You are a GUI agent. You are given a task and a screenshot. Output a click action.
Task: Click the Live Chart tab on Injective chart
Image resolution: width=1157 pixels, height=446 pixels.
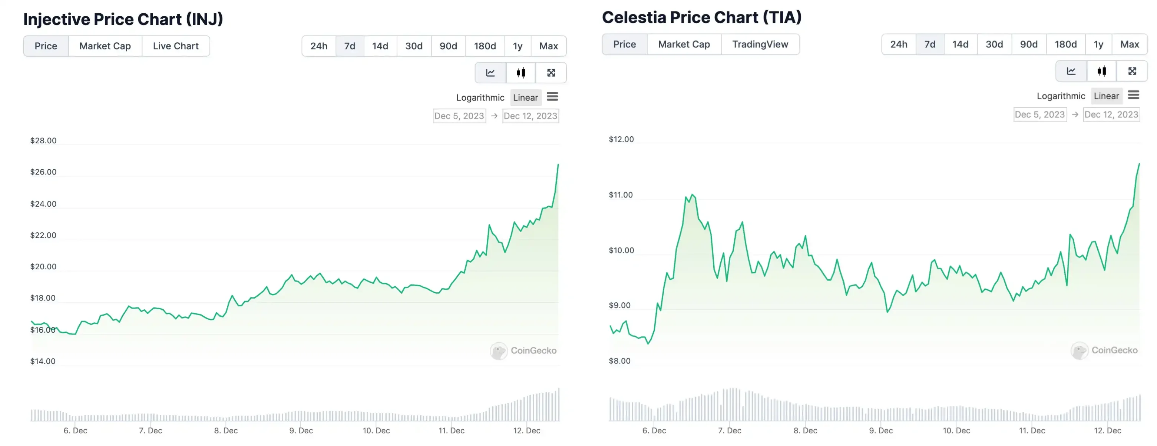[176, 46]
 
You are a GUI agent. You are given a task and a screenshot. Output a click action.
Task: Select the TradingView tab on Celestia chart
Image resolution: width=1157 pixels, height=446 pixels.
[760, 44]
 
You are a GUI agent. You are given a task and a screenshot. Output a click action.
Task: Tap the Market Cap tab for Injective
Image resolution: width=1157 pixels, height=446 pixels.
[105, 46]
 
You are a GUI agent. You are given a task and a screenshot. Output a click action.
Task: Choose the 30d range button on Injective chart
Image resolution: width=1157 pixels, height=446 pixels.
[414, 46]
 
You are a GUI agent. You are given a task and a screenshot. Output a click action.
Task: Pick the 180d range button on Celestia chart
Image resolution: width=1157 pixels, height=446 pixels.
[1065, 44]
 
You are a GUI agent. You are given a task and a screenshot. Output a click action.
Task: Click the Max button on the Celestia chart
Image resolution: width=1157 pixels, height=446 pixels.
[1129, 44]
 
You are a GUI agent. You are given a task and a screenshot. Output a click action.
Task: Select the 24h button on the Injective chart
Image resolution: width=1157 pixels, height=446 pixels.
[319, 46]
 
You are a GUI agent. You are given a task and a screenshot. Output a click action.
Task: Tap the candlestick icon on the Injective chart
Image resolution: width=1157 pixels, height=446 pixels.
[521, 73]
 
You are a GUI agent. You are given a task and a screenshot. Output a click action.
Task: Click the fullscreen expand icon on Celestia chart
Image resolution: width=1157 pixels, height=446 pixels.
[1132, 71]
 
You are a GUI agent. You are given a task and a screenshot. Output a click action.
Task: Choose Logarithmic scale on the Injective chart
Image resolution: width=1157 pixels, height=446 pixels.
[480, 97]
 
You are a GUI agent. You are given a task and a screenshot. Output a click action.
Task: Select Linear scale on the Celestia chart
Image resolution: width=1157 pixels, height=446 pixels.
[1106, 96]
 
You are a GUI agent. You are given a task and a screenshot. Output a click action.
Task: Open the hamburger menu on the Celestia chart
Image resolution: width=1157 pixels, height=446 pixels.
[1133, 95]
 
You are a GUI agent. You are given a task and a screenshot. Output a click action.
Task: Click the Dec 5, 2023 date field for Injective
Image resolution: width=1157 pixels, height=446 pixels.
[459, 116]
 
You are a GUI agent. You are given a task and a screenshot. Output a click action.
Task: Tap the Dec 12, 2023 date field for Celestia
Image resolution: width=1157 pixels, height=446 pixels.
[1111, 114]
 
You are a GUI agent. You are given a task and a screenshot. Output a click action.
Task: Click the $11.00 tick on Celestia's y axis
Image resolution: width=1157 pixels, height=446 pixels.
[621, 195]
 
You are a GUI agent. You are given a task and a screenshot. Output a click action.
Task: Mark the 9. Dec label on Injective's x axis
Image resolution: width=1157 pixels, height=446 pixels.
[301, 430]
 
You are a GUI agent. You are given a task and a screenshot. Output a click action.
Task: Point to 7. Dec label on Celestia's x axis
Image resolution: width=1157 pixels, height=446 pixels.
[730, 430]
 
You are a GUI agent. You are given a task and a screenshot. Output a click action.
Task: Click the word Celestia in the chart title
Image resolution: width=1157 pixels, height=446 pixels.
[633, 17]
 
